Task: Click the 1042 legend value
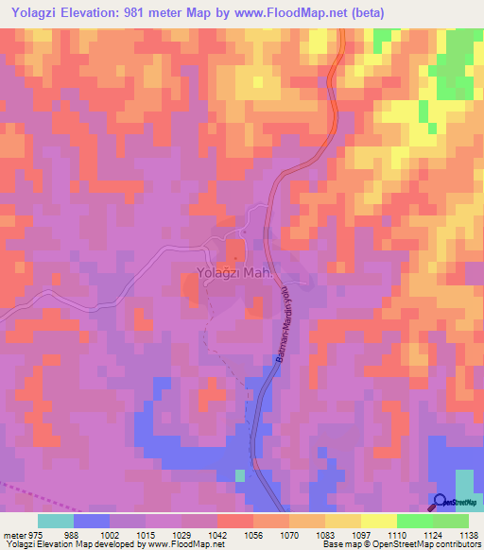(x=217, y=534)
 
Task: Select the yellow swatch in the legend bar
(x=379, y=521)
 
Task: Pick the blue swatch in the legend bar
(x=92, y=521)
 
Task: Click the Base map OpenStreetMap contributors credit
(x=401, y=544)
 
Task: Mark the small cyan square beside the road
(x=240, y=474)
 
